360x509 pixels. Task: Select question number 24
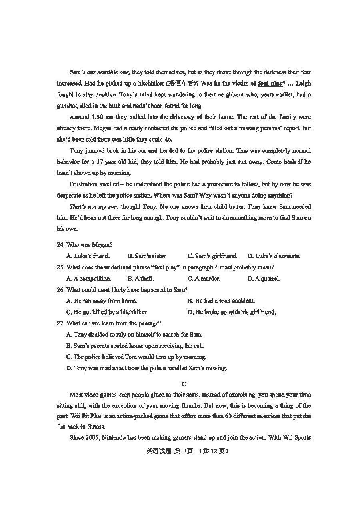61,245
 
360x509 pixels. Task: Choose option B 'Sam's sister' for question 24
147,256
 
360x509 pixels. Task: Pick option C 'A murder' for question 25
204,279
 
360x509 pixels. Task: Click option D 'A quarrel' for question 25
264,279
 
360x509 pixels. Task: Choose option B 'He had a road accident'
221,301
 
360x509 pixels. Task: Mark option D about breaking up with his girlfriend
232,312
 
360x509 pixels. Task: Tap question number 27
61,323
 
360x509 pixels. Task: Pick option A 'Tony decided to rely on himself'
134,335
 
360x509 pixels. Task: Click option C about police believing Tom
136,357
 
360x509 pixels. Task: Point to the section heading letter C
184,384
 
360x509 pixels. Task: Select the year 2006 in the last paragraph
91,438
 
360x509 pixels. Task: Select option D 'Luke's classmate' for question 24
274,256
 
